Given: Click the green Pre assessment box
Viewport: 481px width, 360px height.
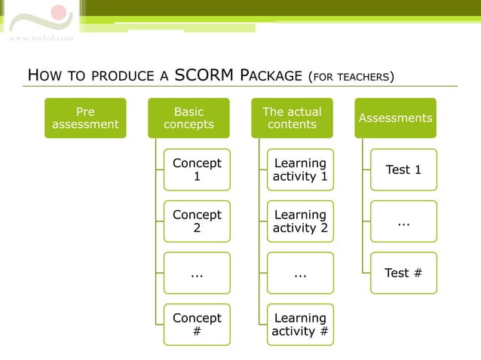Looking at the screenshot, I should coord(85,118).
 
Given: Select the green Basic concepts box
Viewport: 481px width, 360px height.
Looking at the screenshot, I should coord(188,118).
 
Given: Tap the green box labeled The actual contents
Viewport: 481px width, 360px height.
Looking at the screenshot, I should coord(292,118).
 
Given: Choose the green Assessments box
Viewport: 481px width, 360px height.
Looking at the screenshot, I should coord(395,118).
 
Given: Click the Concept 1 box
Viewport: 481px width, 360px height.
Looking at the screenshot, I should coord(197,169).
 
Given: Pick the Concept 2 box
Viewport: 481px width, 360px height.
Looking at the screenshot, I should coord(197,221).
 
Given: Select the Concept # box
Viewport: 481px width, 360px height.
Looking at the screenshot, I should coord(197,325).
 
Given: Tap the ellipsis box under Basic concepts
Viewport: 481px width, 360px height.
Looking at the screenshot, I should coord(197,273).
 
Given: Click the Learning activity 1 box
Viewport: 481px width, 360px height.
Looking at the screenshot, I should coord(300,169).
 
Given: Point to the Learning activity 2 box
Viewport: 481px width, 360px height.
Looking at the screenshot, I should coord(300,221).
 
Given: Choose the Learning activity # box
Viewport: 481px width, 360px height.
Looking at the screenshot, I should coord(300,325).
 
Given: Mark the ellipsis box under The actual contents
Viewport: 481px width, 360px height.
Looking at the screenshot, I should coord(300,273).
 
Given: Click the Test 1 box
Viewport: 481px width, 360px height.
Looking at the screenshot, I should coord(403,169).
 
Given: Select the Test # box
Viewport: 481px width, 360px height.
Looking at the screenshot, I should coord(403,273).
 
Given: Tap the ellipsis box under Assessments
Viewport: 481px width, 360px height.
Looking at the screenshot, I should coord(403,221).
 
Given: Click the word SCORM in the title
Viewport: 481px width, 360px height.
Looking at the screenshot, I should coord(204,75).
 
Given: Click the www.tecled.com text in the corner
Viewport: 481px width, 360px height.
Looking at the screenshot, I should coord(41,38).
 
